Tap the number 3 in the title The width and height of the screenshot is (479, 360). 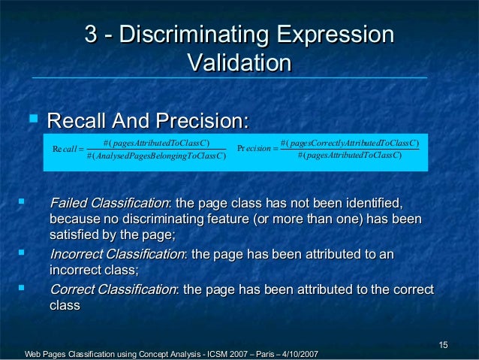tap(92, 35)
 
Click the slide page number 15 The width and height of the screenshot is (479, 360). tap(443, 345)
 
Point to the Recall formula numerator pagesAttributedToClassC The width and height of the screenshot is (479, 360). tap(155, 143)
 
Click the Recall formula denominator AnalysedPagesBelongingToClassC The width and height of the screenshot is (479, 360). tap(156, 156)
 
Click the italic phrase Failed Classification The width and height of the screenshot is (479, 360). tap(109, 204)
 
